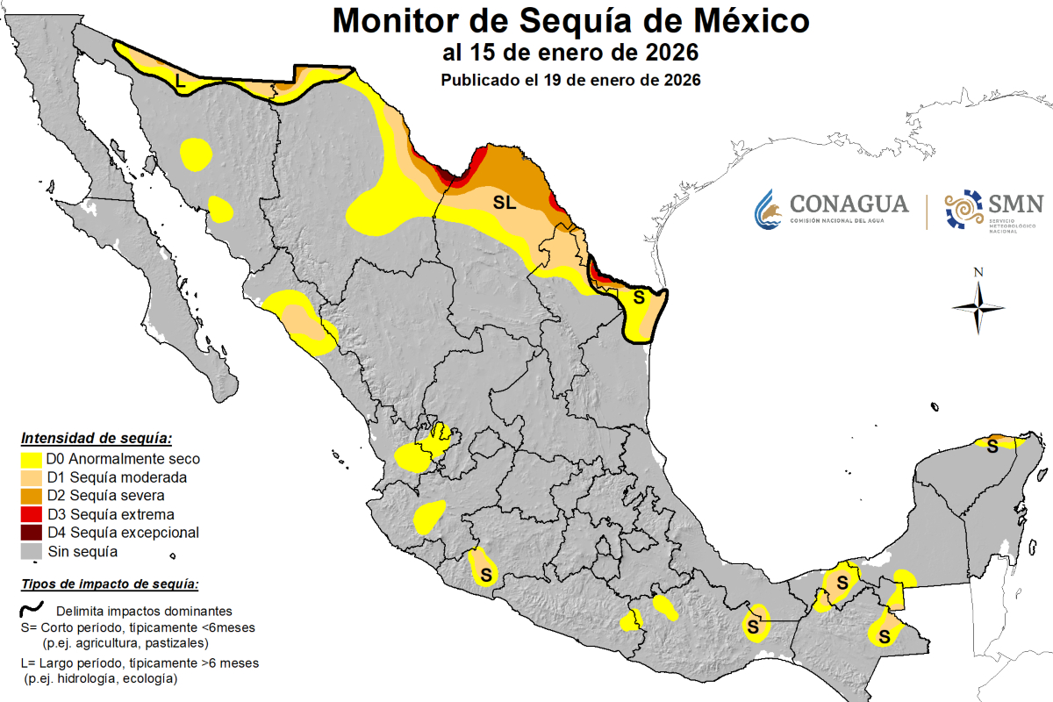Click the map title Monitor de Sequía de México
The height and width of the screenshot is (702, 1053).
coord(570,19)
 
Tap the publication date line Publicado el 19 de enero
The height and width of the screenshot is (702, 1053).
coord(570,80)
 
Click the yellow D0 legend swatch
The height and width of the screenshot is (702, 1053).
coord(32,459)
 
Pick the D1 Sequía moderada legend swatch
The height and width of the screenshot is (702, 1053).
coord(32,477)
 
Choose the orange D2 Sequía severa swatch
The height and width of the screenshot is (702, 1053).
coord(32,496)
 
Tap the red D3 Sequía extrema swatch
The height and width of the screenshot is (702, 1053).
coord(32,514)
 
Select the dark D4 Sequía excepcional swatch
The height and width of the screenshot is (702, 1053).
coord(32,533)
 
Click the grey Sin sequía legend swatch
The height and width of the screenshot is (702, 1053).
coord(32,551)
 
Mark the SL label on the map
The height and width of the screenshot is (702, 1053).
coord(504,203)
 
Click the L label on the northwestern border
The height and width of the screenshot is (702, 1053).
coord(180,81)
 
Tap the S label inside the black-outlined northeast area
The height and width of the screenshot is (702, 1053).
coord(639,297)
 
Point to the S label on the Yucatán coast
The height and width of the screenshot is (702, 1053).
coord(992,446)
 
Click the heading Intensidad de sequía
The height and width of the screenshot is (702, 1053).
coord(97,438)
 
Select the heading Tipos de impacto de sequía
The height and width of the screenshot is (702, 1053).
coord(110,584)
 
